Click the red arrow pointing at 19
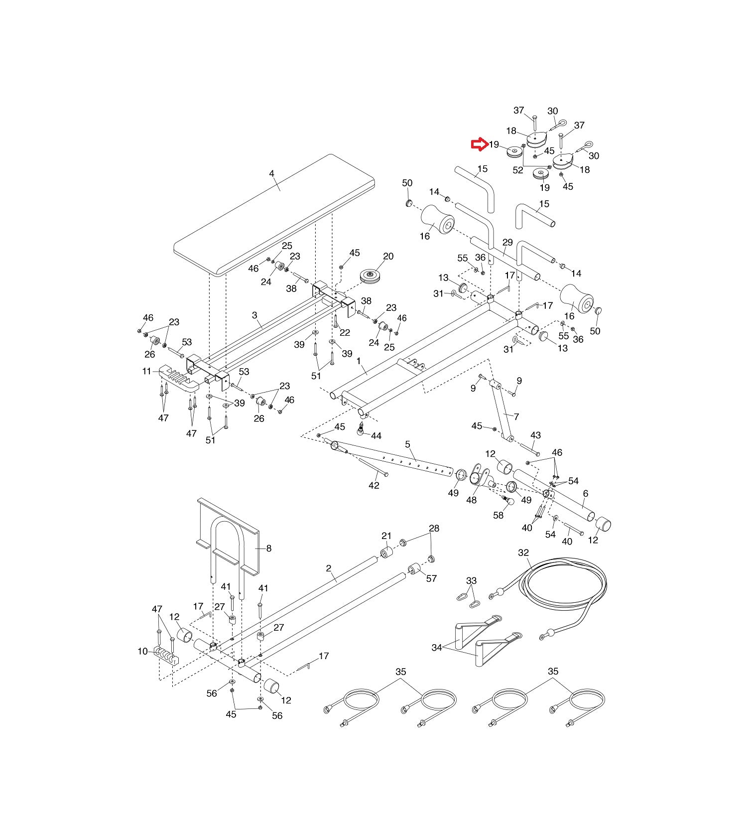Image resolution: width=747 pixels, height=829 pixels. [479, 144]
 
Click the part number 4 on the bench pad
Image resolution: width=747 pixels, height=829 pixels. [271, 173]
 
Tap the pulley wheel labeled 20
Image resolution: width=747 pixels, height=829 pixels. [371, 277]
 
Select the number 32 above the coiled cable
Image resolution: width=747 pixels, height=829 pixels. [523, 553]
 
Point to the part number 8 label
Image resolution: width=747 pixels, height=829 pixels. [269, 549]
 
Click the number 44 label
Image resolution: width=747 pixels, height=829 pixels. [376, 436]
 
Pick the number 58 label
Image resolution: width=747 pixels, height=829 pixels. [498, 516]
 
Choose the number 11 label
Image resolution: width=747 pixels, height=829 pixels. [146, 371]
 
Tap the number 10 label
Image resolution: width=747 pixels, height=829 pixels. [143, 651]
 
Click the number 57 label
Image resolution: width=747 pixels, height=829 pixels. [431, 578]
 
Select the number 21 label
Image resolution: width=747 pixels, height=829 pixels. [386, 536]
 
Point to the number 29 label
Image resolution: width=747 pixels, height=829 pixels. [507, 243]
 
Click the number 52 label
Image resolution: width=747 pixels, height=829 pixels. [518, 170]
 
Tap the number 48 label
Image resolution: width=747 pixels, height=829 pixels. [472, 500]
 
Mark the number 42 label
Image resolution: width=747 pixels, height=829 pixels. [374, 485]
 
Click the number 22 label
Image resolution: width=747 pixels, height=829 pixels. [345, 333]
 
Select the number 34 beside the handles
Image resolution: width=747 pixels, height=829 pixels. [437, 648]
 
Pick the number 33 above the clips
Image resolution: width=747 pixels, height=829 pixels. [471, 580]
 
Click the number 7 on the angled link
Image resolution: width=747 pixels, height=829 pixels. [516, 416]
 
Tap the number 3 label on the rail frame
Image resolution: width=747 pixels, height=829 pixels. [254, 315]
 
